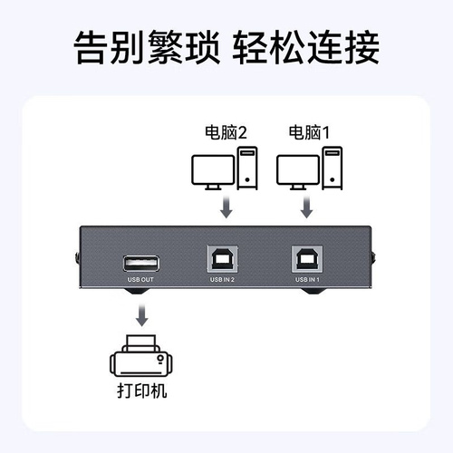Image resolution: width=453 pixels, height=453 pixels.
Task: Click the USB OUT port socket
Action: tap(141, 264)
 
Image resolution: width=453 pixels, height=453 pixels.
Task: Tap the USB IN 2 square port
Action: tap(223, 259)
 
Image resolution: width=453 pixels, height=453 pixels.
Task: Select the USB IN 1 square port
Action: tap(307, 259)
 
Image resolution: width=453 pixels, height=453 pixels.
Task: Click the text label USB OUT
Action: tap(140, 280)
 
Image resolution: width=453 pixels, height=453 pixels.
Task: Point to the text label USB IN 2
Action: tap(222, 280)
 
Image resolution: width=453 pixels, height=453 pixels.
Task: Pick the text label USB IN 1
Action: tap(307, 280)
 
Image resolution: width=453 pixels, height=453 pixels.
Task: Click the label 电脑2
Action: tap(226, 132)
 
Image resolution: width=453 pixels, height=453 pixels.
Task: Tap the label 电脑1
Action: tap(309, 132)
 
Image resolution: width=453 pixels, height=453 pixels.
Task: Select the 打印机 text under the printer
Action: tap(142, 390)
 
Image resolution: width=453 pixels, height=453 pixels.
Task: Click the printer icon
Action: tap(141, 356)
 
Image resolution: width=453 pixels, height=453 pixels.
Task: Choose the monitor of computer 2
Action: tap(213, 172)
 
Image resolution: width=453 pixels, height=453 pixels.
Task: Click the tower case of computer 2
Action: tap(247, 168)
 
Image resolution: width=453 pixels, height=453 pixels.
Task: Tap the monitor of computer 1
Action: tap(298, 172)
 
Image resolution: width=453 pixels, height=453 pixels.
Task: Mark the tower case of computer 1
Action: tap(333, 168)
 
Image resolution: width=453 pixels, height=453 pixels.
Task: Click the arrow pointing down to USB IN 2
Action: tap(226, 207)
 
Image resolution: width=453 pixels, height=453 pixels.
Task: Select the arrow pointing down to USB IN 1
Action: tap(307, 207)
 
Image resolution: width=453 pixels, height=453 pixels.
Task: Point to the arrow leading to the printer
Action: tap(141, 315)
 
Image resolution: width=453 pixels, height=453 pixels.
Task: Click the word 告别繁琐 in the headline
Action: tap(147, 47)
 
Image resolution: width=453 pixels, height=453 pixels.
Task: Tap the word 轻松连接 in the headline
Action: tap(305, 47)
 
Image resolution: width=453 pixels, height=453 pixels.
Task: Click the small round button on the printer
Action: tap(160, 358)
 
